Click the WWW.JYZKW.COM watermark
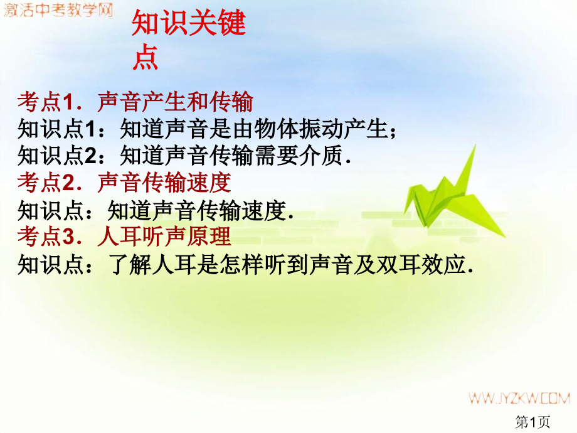pos(517,398)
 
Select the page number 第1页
pos(532,422)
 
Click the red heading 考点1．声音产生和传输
pos(135,101)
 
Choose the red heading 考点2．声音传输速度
pos(124,183)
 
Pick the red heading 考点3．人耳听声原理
pos(124,237)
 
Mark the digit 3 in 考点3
pos(69,237)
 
